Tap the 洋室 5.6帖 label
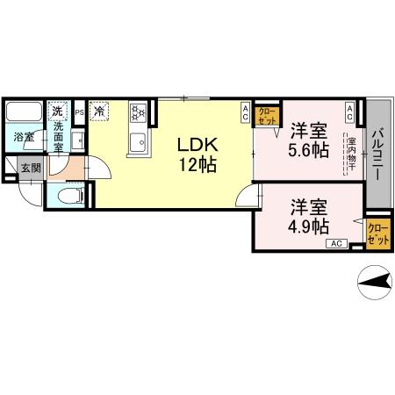309,140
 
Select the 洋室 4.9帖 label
309,215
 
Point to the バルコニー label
377,154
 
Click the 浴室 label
23,138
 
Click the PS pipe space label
79,112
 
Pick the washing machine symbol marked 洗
57,111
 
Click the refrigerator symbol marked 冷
100,111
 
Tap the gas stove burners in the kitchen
138,112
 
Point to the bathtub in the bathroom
24,112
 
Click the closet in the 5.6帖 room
267,116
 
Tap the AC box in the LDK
245,111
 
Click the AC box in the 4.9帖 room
336,243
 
